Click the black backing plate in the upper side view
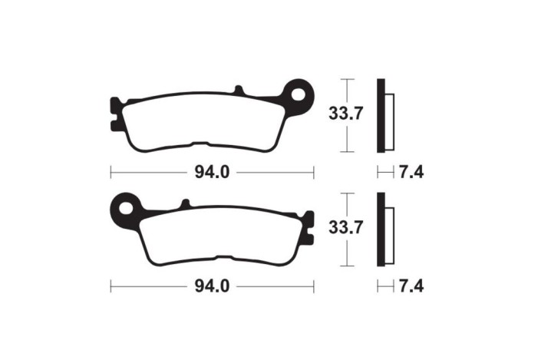coord(381,115)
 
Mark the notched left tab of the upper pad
coord(116,113)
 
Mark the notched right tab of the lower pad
coord(308,226)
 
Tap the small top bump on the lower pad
coord(184,204)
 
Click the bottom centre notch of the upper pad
coord(203,144)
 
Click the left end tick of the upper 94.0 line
coord(111,173)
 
